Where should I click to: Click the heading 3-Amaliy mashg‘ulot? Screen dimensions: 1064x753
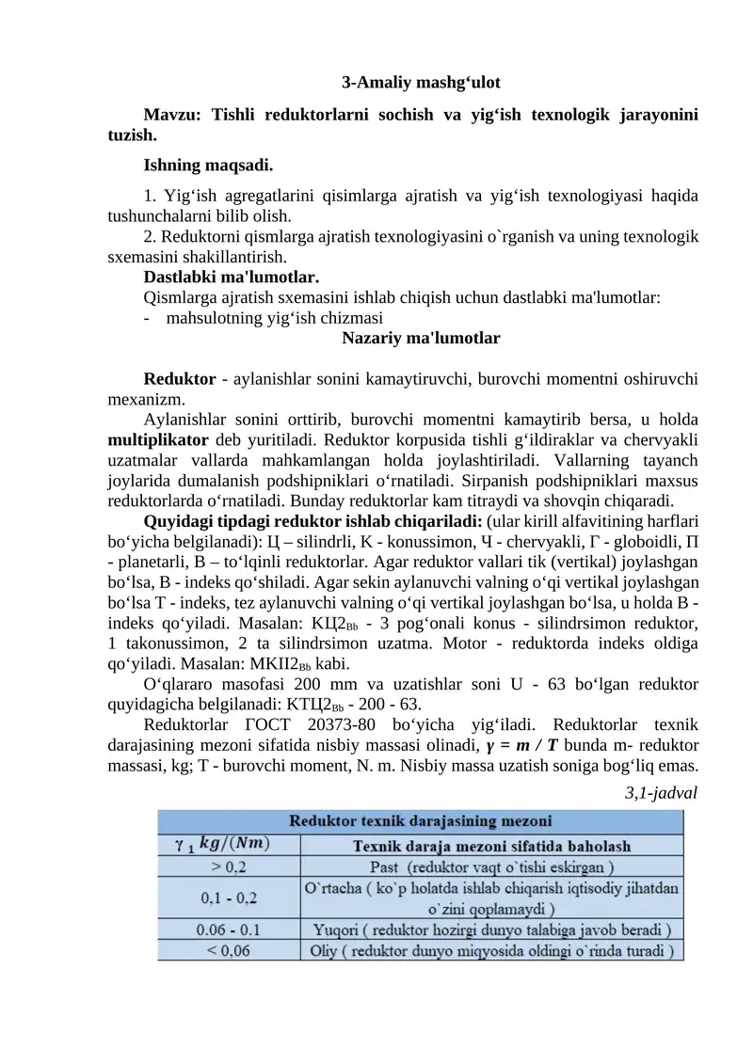click(426, 83)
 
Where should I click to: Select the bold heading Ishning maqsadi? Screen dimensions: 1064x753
click(208, 166)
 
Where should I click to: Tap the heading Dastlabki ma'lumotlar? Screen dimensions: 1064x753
click(231, 278)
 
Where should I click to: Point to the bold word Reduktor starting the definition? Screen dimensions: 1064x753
click(180, 379)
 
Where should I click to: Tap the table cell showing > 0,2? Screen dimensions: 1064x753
click(229, 864)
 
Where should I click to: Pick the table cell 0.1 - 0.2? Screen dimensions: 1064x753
click(229, 897)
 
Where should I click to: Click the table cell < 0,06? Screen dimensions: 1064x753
click(229, 950)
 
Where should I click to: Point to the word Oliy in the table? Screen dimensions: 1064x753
click(328, 950)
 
